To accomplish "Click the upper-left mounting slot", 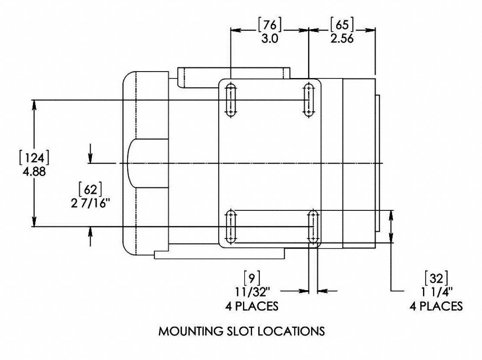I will [x=231, y=99].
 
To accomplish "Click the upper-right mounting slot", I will [x=308, y=99].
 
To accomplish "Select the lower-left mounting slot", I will [x=231, y=226].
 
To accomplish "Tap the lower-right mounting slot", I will [x=313, y=226].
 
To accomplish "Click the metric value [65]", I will [x=342, y=25].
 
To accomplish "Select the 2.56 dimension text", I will [x=342, y=38].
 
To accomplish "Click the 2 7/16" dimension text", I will [x=90, y=203].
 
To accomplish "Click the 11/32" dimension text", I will [x=252, y=291].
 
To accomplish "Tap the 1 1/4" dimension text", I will [x=436, y=291].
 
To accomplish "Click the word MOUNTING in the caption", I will [x=189, y=331].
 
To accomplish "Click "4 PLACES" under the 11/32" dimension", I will [x=252, y=306].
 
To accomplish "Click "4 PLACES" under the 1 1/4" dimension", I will [x=436, y=306].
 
